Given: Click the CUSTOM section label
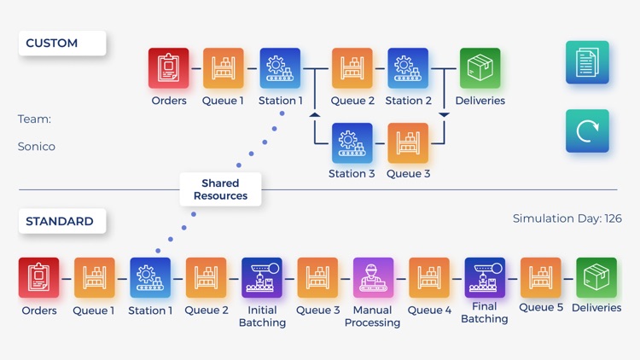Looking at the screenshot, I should (x=61, y=44).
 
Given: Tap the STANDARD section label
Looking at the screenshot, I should (x=61, y=222).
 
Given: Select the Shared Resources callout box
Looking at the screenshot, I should (x=220, y=189).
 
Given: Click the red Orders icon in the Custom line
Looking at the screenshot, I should (x=169, y=68).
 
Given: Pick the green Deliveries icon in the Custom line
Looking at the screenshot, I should (x=480, y=68).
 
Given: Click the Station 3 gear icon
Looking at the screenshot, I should (x=352, y=143).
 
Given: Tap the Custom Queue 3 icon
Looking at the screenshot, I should (x=408, y=143).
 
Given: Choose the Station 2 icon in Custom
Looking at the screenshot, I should (x=408, y=68).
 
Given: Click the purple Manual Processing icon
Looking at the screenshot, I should (x=373, y=278).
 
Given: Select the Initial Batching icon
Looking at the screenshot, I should (x=262, y=278).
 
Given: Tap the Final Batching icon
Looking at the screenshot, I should (x=485, y=278).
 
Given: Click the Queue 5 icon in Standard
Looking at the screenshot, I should (x=541, y=278).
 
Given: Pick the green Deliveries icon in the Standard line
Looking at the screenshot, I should (x=596, y=278).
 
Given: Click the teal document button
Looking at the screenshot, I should (x=587, y=62).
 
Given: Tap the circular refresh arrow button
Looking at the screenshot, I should (x=587, y=131).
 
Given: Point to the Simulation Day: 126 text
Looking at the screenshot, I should (x=567, y=218).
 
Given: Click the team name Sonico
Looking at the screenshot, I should (x=37, y=147).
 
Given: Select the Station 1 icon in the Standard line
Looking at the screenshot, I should (x=150, y=278).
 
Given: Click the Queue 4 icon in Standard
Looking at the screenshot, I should (x=429, y=278).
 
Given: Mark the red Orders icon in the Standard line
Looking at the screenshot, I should (x=39, y=278).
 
